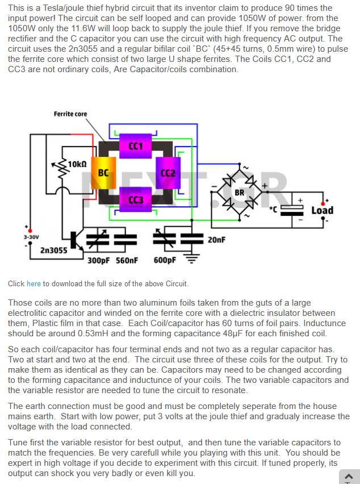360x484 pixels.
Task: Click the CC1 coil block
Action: (136, 146)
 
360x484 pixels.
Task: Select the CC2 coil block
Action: (168, 173)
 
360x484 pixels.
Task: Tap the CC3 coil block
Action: (136, 199)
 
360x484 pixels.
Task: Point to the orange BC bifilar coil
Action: (104, 172)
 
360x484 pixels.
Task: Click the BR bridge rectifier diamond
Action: (240, 192)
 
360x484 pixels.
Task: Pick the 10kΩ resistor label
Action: (77, 164)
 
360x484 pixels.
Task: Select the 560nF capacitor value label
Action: (126, 261)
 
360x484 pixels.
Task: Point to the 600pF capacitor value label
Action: (165, 261)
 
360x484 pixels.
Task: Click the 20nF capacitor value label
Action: (216, 240)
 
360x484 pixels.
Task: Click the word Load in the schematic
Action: (322, 210)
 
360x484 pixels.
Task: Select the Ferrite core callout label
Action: (70, 114)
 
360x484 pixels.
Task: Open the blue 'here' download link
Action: (34, 283)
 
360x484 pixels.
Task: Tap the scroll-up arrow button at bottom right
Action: (349, 476)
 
